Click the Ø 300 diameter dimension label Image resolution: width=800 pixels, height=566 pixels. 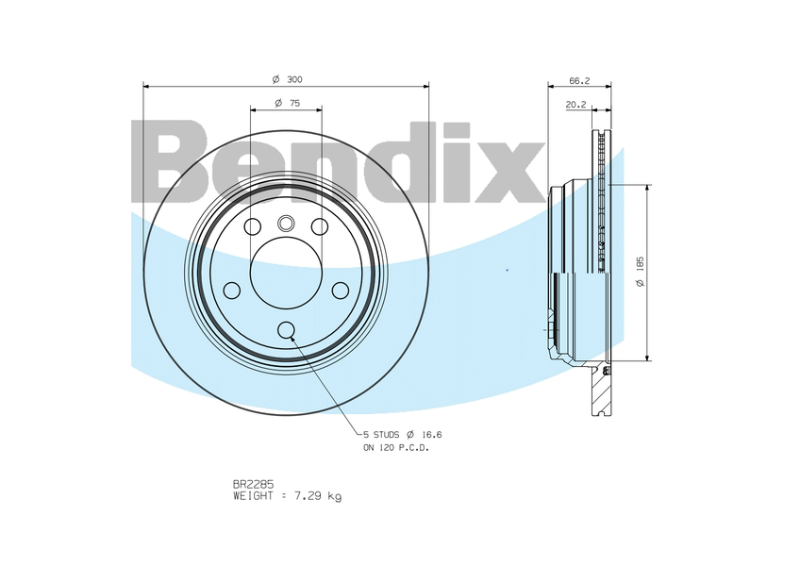(287, 79)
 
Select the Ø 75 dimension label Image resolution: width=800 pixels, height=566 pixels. (287, 103)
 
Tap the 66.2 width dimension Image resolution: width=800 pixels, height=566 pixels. (579, 80)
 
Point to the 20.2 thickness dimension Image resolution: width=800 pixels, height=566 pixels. (576, 105)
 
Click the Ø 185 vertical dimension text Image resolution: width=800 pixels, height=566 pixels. (641, 272)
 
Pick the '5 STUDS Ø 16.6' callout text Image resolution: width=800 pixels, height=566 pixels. (403, 435)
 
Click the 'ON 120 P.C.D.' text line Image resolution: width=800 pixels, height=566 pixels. (396, 448)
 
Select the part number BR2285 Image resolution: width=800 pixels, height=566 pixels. (253, 484)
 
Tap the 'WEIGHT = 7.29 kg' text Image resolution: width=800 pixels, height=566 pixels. (287, 495)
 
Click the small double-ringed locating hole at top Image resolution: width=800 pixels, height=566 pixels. (286, 223)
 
